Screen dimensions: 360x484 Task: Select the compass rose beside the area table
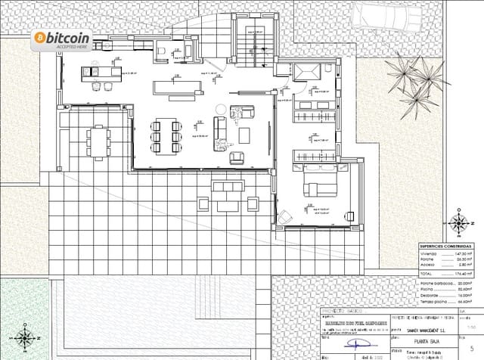tap(458, 224)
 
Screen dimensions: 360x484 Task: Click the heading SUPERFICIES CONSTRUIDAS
tap(446, 246)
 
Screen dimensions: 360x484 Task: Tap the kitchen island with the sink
tap(101, 72)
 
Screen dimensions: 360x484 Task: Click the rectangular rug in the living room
tap(173, 87)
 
